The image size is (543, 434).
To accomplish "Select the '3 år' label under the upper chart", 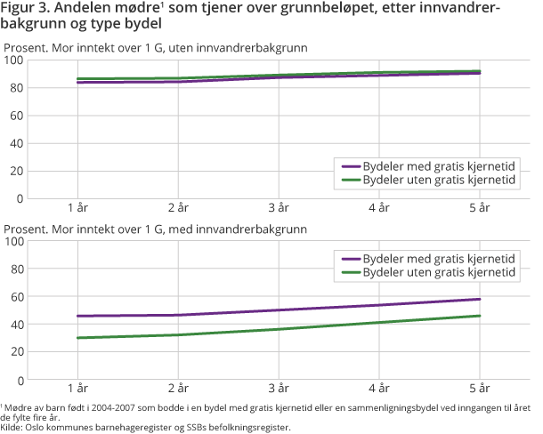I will point(279,207).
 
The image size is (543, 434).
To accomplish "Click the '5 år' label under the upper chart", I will point(480,207).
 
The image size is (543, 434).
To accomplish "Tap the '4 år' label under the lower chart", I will point(379,389).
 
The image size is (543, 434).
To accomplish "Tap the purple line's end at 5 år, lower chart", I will point(480,299).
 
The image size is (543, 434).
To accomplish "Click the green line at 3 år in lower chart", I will point(279,329).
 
